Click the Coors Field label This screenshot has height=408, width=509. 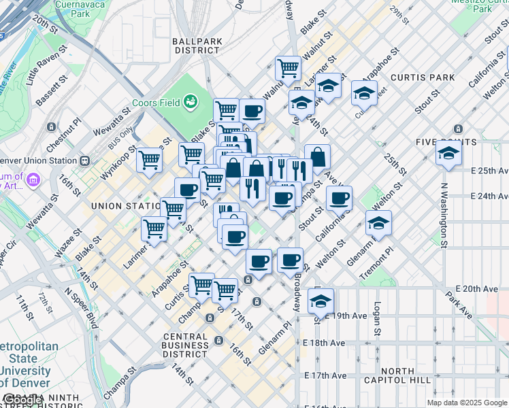click(x=156, y=103)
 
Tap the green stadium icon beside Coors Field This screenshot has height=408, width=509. click(x=190, y=102)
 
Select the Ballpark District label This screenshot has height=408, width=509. click(x=197, y=46)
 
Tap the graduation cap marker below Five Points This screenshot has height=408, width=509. click(x=449, y=155)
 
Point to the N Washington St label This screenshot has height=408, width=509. click(x=444, y=215)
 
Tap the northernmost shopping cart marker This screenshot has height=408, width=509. click(x=289, y=69)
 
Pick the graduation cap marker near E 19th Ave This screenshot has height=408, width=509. click(x=321, y=301)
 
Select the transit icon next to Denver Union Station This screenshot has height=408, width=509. click(x=85, y=160)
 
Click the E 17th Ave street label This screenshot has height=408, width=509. click(x=326, y=375)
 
